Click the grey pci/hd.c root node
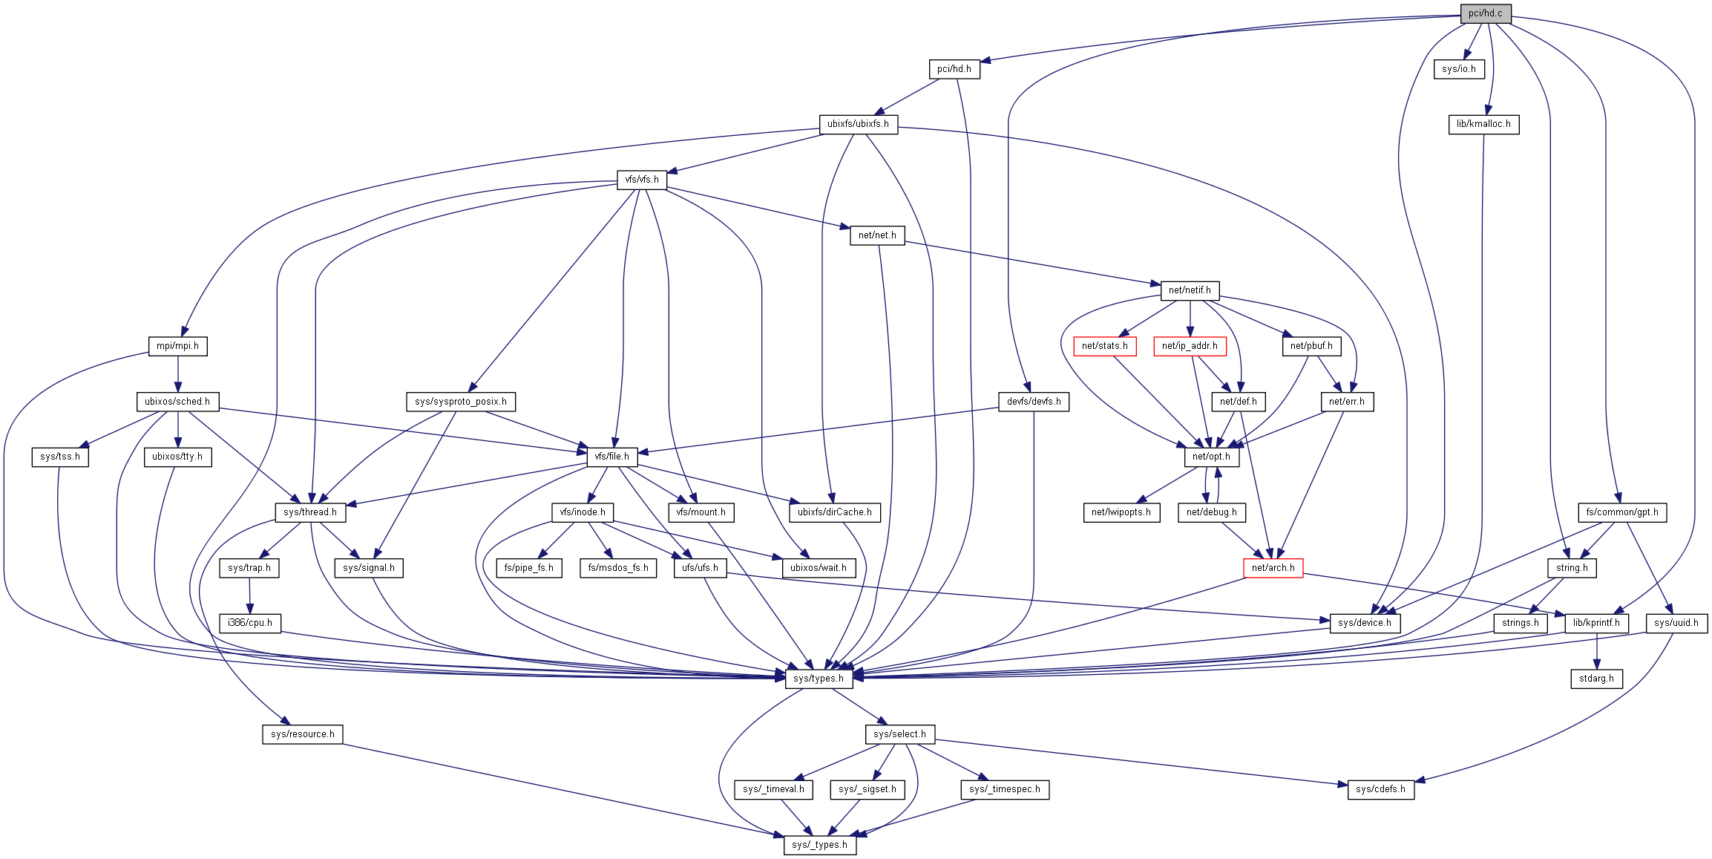click(x=1485, y=13)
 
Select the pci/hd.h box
click(x=954, y=69)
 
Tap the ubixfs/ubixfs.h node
click(x=858, y=124)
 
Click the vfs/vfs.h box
click(x=642, y=180)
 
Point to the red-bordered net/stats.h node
click(x=1104, y=346)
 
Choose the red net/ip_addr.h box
click(x=1190, y=346)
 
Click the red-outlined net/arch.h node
click(x=1273, y=568)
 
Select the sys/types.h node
click(x=818, y=679)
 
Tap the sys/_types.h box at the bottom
click(x=819, y=845)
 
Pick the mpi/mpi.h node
click(x=177, y=346)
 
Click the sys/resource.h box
click(x=302, y=734)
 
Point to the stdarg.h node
click(x=1596, y=679)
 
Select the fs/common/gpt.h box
click(x=1622, y=512)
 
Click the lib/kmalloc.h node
click(x=1483, y=124)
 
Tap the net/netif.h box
click(x=1190, y=290)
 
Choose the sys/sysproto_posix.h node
click(x=461, y=402)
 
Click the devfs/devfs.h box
click(x=1034, y=402)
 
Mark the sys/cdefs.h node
click(x=1380, y=789)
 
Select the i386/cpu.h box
click(x=250, y=623)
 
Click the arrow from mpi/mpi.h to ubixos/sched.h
click(x=177, y=373)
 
